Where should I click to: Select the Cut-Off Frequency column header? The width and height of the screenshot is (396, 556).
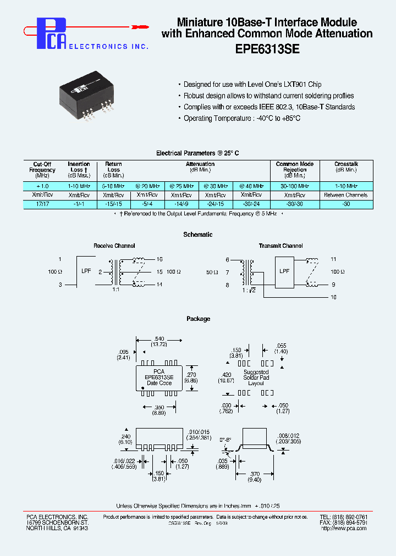[42, 170]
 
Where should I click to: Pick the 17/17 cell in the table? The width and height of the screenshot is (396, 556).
[42, 204]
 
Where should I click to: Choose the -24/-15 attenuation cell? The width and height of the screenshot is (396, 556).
[215, 204]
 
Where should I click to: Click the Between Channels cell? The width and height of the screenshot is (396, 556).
[346, 195]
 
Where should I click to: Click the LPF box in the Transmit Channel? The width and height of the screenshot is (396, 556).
[284, 271]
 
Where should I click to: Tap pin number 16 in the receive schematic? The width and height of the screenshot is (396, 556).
[159, 259]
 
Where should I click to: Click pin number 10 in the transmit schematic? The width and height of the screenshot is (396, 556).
[333, 297]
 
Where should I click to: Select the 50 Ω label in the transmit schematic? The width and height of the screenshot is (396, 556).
[211, 272]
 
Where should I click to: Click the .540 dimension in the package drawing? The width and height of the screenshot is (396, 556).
[158, 339]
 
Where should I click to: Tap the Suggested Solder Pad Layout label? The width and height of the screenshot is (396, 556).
[256, 377]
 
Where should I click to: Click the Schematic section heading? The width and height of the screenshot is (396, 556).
[198, 235]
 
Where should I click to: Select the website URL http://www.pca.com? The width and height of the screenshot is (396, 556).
[344, 529]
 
